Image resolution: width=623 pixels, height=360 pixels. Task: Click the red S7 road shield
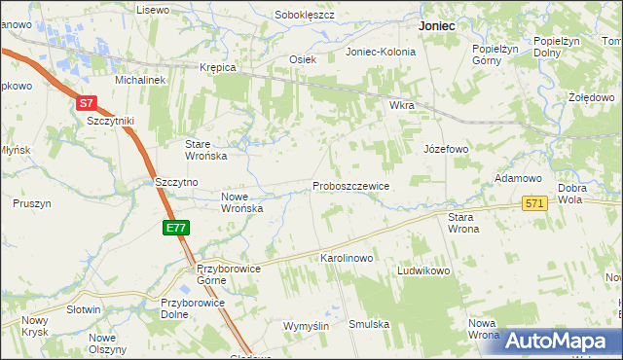click(87, 102)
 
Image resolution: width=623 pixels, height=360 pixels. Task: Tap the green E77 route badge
click(175, 228)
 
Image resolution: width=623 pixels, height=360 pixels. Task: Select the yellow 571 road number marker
click(533, 203)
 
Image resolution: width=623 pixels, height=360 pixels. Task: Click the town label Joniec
click(437, 27)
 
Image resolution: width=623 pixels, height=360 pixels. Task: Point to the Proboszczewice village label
click(350, 186)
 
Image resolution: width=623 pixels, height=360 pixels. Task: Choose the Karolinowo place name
click(348, 259)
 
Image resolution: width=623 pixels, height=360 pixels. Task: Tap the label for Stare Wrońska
click(206, 149)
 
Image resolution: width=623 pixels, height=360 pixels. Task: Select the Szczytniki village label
click(110, 121)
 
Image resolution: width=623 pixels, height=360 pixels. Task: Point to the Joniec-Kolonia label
click(381, 52)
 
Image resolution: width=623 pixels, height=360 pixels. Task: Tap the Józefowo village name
click(446, 150)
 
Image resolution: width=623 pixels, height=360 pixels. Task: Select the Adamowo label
click(518, 179)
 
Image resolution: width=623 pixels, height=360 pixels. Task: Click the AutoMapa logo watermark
click(556, 341)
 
